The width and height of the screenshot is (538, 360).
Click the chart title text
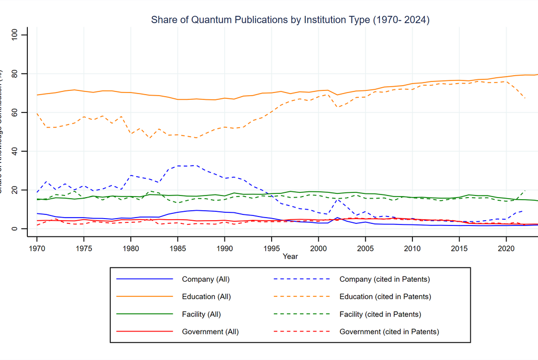pyautogui.click(x=290, y=20)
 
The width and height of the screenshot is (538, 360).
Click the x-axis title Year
pyautogui.click(x=290, y=256)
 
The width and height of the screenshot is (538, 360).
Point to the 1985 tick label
pyautogui.click(x=178, y=248)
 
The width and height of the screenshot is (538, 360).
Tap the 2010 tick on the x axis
pyautogui.click(x=412, y=248)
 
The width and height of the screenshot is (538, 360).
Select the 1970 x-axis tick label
pyautogui.click(x=37, y=248)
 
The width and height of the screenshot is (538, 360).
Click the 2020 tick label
pyautogui.click(x=505, y=248)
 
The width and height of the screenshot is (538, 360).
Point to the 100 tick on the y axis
pyautogui.click(x=15, y=35)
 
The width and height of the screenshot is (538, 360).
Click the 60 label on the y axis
pyautogui.click(x=15, y=112)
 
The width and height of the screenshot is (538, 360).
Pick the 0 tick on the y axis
pyautogui.click(x=15, y=229)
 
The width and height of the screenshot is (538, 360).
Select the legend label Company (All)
pyautogui.click(x=205, y=279)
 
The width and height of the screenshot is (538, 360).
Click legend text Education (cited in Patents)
pyautogui.click(x=385, y=296)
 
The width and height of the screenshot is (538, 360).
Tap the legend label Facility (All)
pyautogui.click(x=201, y=314)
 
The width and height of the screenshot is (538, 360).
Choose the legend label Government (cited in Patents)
pyautogui.click(x=389, y=332)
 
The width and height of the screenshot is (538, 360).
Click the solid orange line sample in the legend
pyautogui.click(x=144, y=296)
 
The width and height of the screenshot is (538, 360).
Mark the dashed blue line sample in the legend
pyautogui.click(x=302, y=279)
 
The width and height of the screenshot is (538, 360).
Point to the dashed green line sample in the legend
pyautogui.click(x=302, y=314)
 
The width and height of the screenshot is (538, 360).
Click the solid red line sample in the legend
pyautogui.click(x=144, y=332)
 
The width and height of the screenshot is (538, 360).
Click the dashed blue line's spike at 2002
pyautogui.click(x=337, y=199)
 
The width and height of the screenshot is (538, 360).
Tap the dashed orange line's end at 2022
pyautogui.click(x=524, y=98)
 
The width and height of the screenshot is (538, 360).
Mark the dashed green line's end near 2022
pyautogui.click(x=524, y=190)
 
